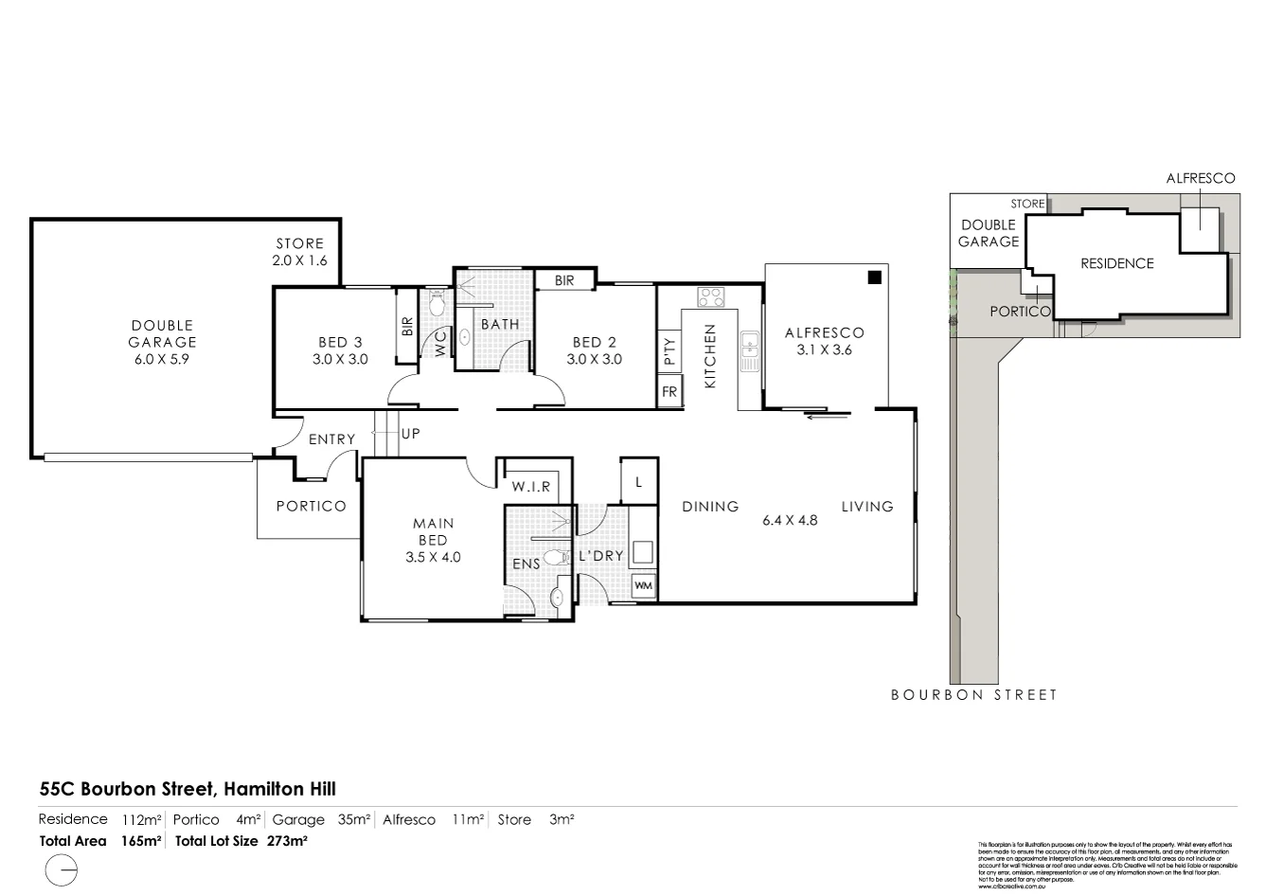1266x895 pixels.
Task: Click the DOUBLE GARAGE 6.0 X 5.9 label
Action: point(163,342)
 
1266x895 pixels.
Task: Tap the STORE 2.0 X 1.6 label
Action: point(299,251)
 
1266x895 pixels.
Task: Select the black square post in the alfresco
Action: point(875,277)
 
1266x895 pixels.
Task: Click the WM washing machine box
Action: point(643,586)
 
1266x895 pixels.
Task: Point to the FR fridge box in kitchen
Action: point(669,391)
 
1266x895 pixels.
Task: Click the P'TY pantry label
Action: point(669,351)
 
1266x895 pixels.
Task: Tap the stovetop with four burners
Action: point(710,297)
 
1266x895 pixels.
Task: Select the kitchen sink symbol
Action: point(750,351)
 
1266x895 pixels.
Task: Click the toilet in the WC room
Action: point(437,305)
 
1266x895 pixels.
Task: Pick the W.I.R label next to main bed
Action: point(531,487)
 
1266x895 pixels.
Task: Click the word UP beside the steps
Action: point(411,434)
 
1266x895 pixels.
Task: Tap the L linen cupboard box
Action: point(638,482)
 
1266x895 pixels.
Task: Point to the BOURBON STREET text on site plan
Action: point(973,695)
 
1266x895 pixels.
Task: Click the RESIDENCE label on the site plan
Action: point(1117,263)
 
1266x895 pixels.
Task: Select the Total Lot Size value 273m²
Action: point(281,840)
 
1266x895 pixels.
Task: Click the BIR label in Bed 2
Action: point(564,280)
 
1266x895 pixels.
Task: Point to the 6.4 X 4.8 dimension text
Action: point(790,520)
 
